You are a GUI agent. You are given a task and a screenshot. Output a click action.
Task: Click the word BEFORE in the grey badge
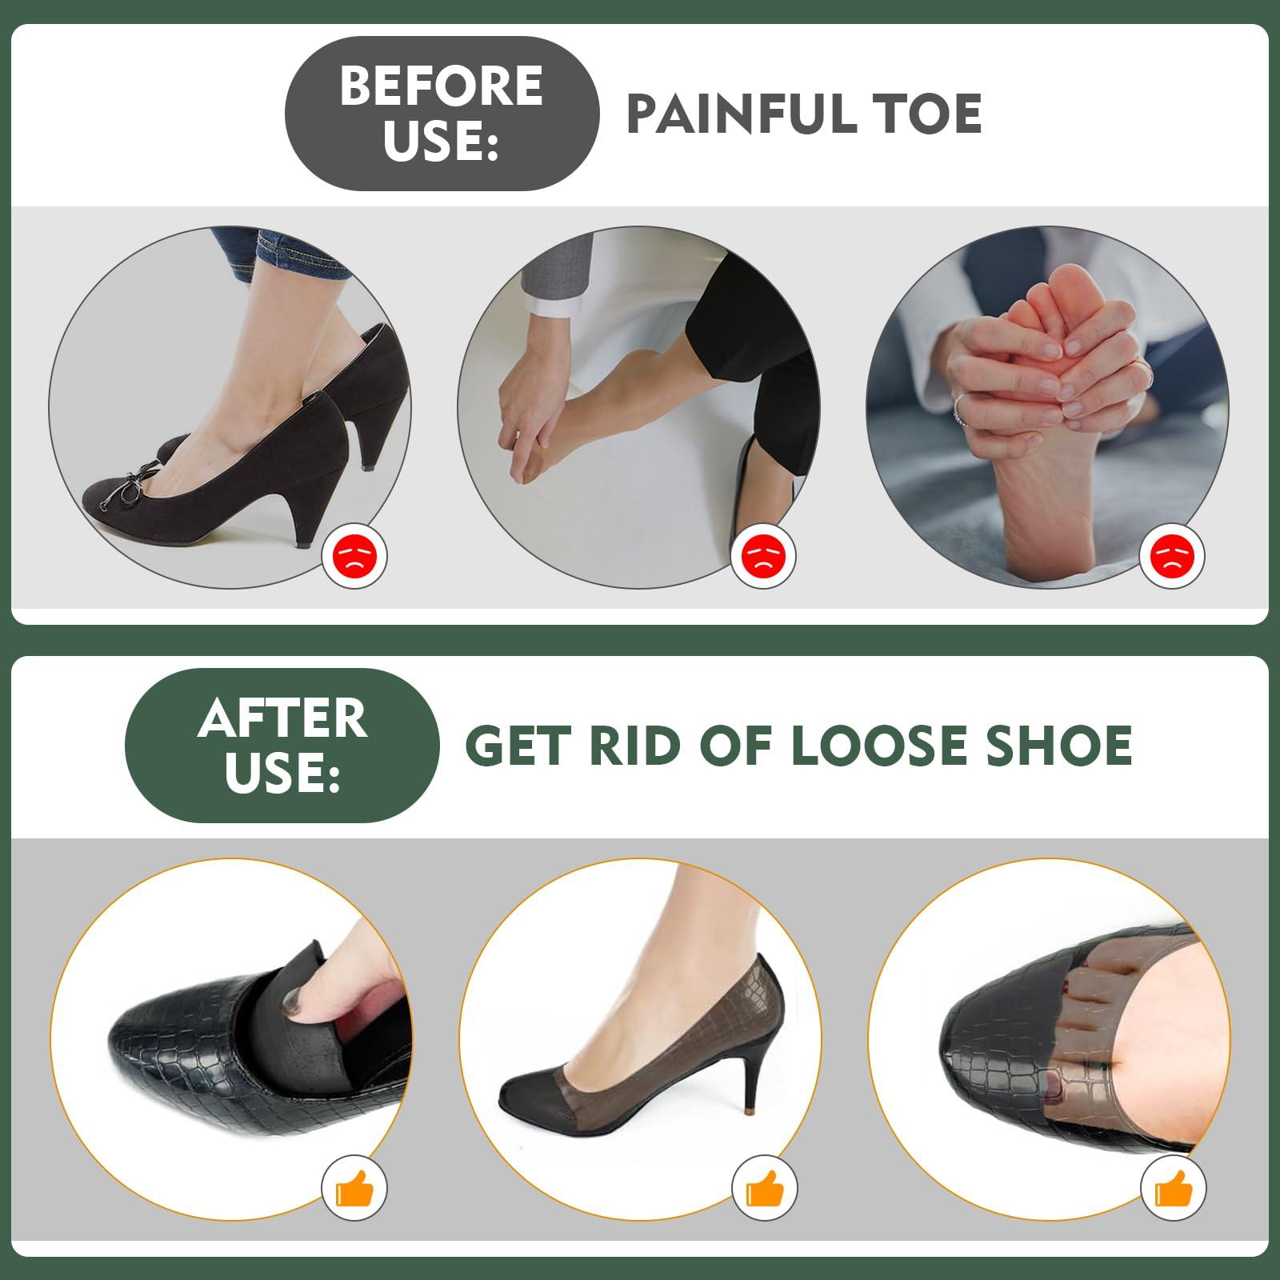pyautogui.click(x=442, y=86)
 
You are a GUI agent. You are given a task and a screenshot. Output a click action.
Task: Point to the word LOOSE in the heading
pyautogui.click(x=890, y=746)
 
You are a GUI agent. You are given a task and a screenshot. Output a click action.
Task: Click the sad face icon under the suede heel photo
pyautogui.click(x=354, y=554)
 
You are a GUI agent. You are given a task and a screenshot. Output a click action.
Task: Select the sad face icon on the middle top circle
pyautogui.click(x=763, y=554)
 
